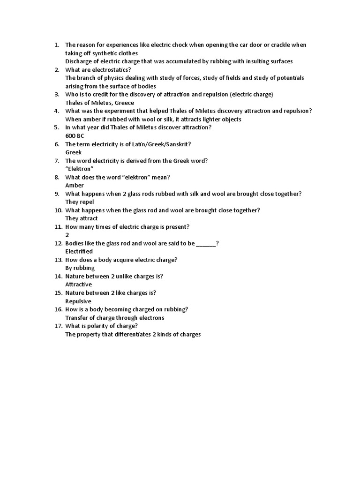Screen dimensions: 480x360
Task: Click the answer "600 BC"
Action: pos(75,136)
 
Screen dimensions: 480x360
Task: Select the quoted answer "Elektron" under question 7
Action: pos(79,169)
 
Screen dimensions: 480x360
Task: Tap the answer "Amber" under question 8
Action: pos(74,185)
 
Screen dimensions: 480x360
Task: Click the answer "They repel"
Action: pos(80,202)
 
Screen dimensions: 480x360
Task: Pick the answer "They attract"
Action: pos(82,218)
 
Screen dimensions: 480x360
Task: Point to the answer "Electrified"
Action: pos(79,252)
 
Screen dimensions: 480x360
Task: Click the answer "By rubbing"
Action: pos(80,268)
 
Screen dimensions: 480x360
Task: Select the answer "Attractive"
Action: pos(78,285)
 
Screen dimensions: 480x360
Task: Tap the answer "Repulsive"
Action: pos(78,301)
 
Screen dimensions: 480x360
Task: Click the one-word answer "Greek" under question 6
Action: pos(73,152)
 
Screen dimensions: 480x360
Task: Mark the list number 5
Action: pos(56,127)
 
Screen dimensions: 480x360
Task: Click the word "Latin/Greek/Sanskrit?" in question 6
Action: pos(159,144)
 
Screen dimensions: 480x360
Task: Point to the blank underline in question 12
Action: pos(206,243)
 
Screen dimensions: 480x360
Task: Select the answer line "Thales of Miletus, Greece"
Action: pos(99,103)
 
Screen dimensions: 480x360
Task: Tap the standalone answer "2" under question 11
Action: pos(67,235)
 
